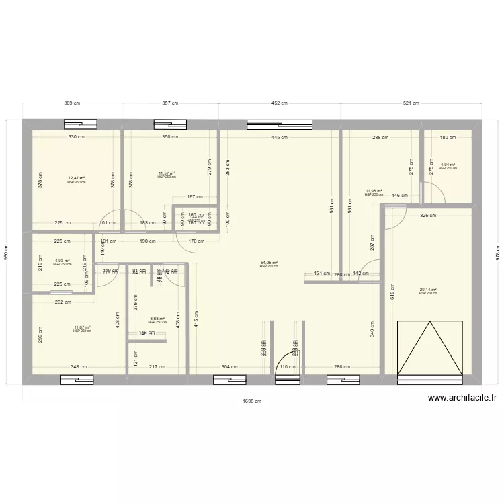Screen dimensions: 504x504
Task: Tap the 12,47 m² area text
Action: click(x=77, y=178)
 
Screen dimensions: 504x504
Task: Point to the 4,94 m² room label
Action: click(x=448, y=165)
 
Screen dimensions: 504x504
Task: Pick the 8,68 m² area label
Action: click(x=157, y=319)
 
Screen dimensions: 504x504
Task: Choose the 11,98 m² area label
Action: click(x=374, y=191)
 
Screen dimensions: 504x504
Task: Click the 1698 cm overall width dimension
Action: click(x=253, y=401)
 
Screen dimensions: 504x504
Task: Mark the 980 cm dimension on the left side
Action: click(x=7, y=252)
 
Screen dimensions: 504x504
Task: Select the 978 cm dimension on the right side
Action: click(x=498, y=252)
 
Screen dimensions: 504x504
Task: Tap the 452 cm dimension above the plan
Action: click(x=280, y=103)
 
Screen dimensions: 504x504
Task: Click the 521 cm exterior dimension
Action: click(x=411, y=103)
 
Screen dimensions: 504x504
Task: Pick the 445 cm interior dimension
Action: click(x=280, y=137)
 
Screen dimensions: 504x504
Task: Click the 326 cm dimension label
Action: click(x=428, y=216)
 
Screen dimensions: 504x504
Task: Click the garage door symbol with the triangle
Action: click(x=430, y=349)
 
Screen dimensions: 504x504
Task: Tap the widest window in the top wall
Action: click(x=280, y=124)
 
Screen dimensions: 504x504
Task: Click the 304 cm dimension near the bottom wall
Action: click(x=230, y=366)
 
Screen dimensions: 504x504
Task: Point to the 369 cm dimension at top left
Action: click(x=73, y=103)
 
